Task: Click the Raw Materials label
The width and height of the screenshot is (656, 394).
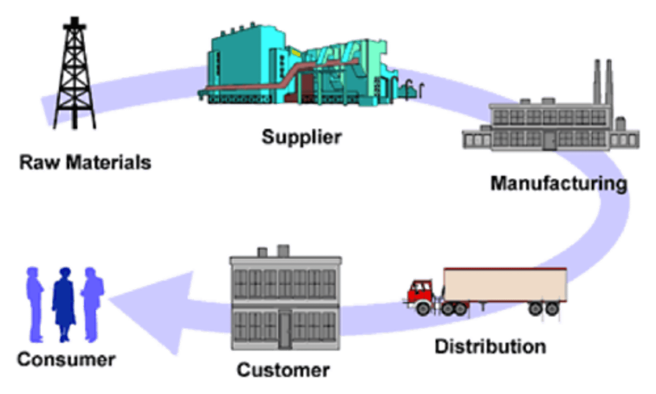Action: pos(85,163)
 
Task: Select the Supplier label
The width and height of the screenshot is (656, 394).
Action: pos(301,136)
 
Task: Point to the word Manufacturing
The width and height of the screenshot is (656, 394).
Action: pos(559,183)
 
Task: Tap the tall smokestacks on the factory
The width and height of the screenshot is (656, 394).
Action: pos(602,82)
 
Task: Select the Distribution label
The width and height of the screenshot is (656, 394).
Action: pos(490,347)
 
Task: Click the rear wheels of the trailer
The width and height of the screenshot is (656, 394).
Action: pos(544,309)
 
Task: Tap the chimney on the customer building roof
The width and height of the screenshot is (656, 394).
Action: pos(283,250)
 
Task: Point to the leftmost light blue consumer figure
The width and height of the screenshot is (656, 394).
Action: pos(36,303)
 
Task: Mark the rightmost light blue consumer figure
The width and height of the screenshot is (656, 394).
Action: pos(92,303)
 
